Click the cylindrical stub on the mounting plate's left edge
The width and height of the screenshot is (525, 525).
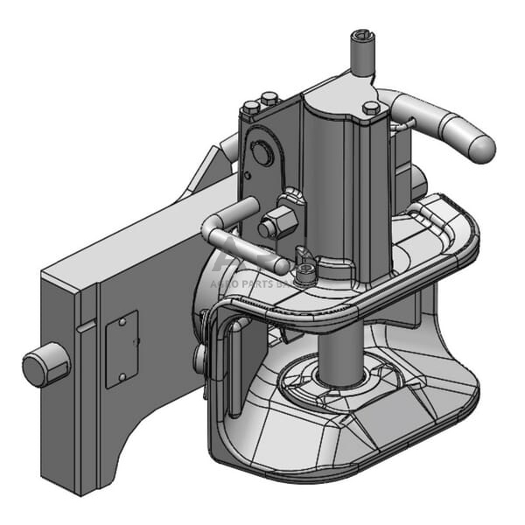point(45,365)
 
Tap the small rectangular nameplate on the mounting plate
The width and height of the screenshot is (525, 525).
point(122,348)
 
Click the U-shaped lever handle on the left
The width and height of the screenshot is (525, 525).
point(229,233)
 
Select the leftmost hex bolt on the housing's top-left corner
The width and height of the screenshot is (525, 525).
point(252,108)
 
